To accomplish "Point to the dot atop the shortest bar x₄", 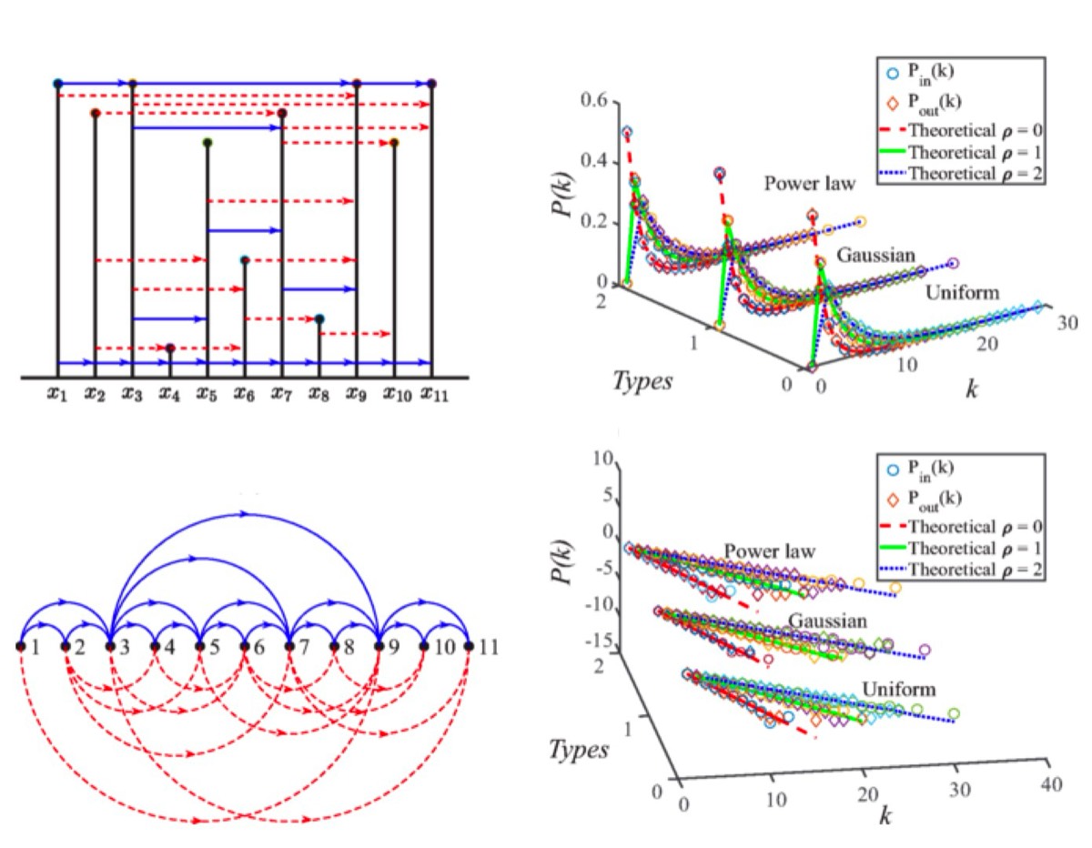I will coord(170,348).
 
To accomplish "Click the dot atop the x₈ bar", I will coord(319,318).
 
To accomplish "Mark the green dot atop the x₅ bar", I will coord(207,143).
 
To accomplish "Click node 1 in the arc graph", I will coord(21,646).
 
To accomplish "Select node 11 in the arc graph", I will coord(469,646).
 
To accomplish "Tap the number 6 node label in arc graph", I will coord(258,647).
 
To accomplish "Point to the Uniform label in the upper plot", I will coord(963,294).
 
